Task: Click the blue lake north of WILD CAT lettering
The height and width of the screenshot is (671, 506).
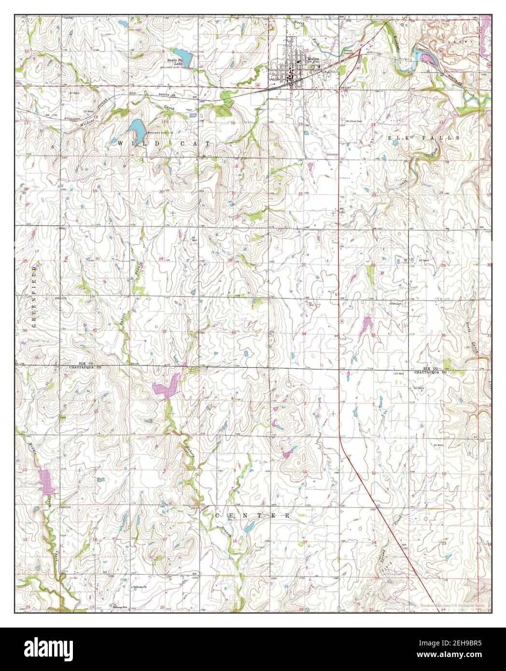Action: [136, 128]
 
